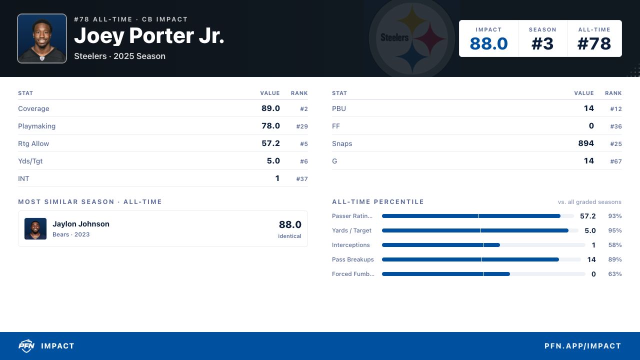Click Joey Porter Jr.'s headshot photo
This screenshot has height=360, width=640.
click(x=42, y=38)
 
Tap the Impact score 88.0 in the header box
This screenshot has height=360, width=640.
click(x=488, y=43)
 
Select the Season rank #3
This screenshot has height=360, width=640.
click(x=542, y=43)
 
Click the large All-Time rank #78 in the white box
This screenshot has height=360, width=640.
click(x=594, y=43)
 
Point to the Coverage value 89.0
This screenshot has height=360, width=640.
click(x=270, y=108)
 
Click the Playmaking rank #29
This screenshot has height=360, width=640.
click(x=302, y=126)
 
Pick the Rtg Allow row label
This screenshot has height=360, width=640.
click(x=33, y=143)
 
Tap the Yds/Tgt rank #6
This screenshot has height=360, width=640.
click(x=303, y=161)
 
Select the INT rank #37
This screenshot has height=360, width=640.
click(x=302, y=179)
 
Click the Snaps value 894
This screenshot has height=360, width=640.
click(x=586, y=143)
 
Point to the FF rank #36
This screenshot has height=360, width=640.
click(x=616, y=126)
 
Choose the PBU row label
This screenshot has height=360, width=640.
click(x=339, y=108)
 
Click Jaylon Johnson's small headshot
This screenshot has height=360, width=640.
click(x=35, y=228)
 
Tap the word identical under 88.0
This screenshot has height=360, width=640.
click(x=289, y=236)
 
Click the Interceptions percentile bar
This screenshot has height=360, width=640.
click(x=483, y=245)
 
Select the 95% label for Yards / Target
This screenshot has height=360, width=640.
click(x=615, y=230)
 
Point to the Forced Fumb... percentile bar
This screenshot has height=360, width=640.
click(x=483, y=274)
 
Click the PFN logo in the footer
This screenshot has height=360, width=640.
click(x=26, y=346)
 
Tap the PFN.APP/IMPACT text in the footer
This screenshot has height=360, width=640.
click(x=583, y=346)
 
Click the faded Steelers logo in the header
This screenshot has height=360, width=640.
click(x=411, y=38)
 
